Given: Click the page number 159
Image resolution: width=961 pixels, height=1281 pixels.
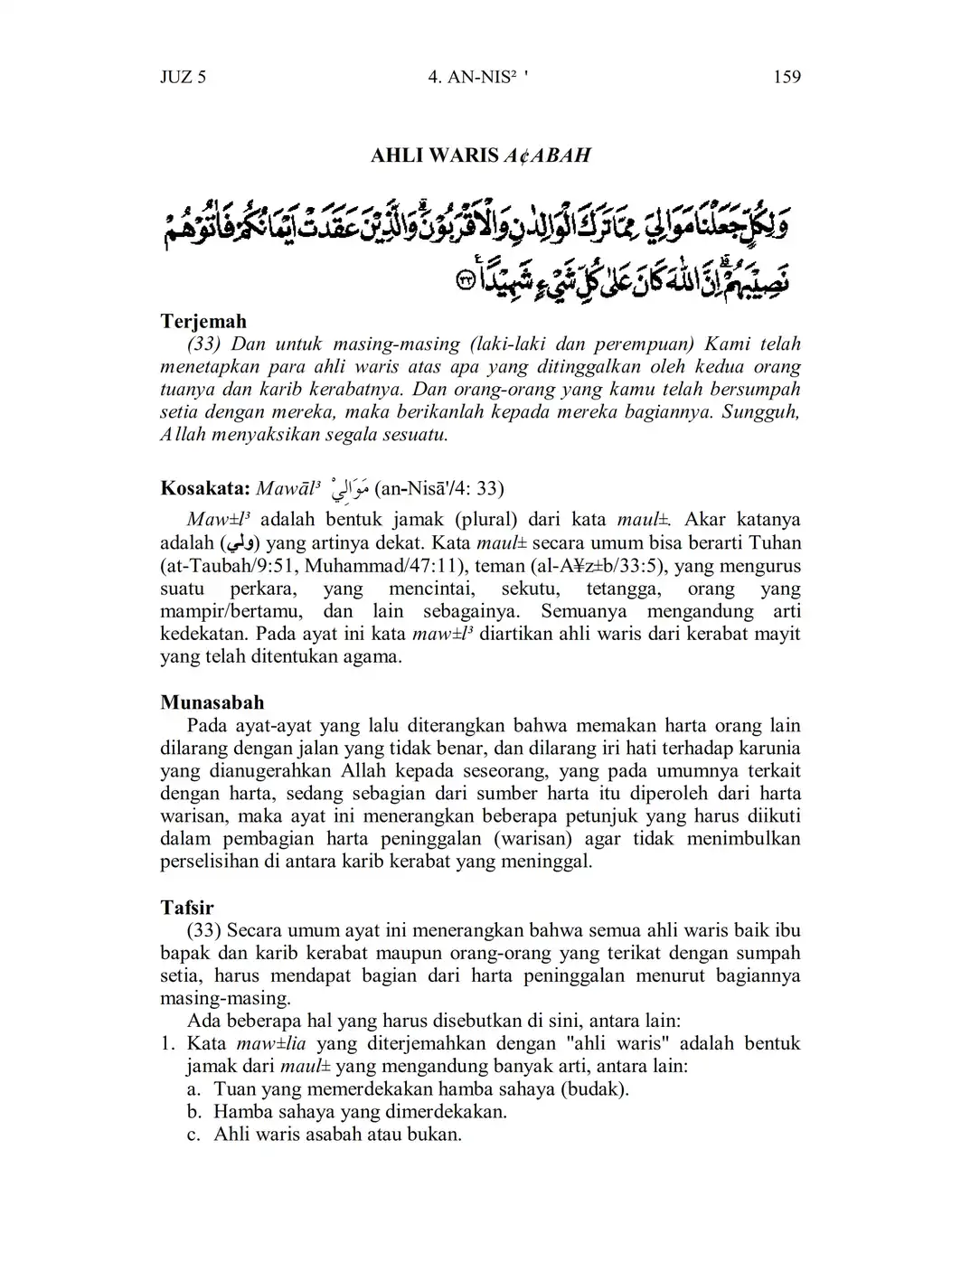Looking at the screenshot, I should coord(787,77).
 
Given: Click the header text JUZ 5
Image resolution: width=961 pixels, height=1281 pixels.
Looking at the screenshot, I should coord(183,77).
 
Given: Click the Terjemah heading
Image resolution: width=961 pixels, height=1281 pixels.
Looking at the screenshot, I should coord(203,321).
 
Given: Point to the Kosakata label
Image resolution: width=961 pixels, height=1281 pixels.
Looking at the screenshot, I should coord(204,489).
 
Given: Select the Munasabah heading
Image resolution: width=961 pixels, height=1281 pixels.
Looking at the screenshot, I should coord(212,702).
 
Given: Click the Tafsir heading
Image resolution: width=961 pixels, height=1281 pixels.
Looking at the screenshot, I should coord(187,907).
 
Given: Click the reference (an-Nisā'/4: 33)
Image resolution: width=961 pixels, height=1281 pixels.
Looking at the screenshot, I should coord(439,489).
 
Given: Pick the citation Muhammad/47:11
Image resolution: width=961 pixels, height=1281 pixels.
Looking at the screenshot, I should coord(427,567).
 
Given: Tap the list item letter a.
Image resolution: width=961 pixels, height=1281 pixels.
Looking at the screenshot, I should coord(193,1088).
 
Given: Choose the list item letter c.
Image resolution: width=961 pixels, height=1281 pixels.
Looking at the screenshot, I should coord(193,1134).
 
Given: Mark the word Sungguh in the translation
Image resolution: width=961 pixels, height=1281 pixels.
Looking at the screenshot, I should coord(766,412).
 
